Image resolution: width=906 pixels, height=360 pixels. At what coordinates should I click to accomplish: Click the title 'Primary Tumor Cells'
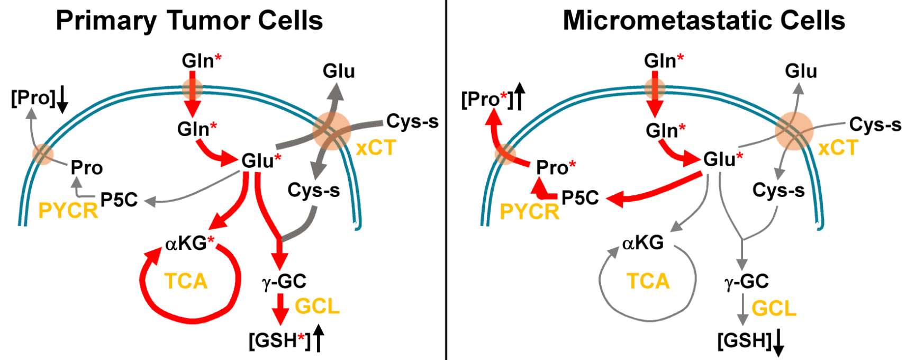pos(189,21)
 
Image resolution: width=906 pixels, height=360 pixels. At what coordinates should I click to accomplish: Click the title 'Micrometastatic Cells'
pos(703,21)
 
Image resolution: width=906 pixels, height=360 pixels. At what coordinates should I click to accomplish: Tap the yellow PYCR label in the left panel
pos(68,211)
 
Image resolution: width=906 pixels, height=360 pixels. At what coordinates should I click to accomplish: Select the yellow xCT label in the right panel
pos(838,148)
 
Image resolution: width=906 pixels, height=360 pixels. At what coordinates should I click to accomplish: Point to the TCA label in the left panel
pos(186,281)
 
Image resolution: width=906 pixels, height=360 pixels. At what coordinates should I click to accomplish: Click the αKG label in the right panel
pos(643,243)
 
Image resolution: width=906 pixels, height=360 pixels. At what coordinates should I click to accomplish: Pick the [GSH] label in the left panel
pos(279,340)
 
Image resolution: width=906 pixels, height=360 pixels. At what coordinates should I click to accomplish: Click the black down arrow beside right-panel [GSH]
pos(778,343)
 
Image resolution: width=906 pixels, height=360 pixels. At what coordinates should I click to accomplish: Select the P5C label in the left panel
pos(119,200)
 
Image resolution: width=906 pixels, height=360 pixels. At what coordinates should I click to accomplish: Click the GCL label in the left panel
pos(317,307)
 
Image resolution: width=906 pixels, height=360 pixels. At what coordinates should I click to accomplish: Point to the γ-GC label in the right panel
pos(746,282)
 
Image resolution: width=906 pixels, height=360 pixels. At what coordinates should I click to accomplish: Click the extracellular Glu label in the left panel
pos(339,71)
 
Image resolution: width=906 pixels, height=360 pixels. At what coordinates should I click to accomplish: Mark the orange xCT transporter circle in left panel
pos(331,131)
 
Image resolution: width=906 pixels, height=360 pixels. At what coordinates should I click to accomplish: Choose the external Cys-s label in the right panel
pos(875,125)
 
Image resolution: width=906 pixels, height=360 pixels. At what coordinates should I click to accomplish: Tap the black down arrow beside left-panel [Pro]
pos(62,100)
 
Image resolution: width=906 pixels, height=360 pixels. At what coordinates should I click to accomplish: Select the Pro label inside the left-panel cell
pos(87,168)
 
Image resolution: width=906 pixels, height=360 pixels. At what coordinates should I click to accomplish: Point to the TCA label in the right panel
pos(648,281)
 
